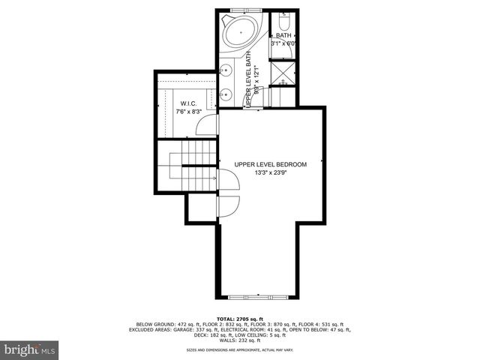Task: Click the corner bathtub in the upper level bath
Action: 240,34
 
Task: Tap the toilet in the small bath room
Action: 285,19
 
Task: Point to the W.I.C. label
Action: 188,103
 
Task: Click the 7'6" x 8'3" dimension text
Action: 188,112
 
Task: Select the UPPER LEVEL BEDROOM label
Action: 271,164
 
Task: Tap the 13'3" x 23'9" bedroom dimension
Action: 271,174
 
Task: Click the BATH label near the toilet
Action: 283,35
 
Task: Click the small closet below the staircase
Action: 200,208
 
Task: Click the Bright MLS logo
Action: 29,349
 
